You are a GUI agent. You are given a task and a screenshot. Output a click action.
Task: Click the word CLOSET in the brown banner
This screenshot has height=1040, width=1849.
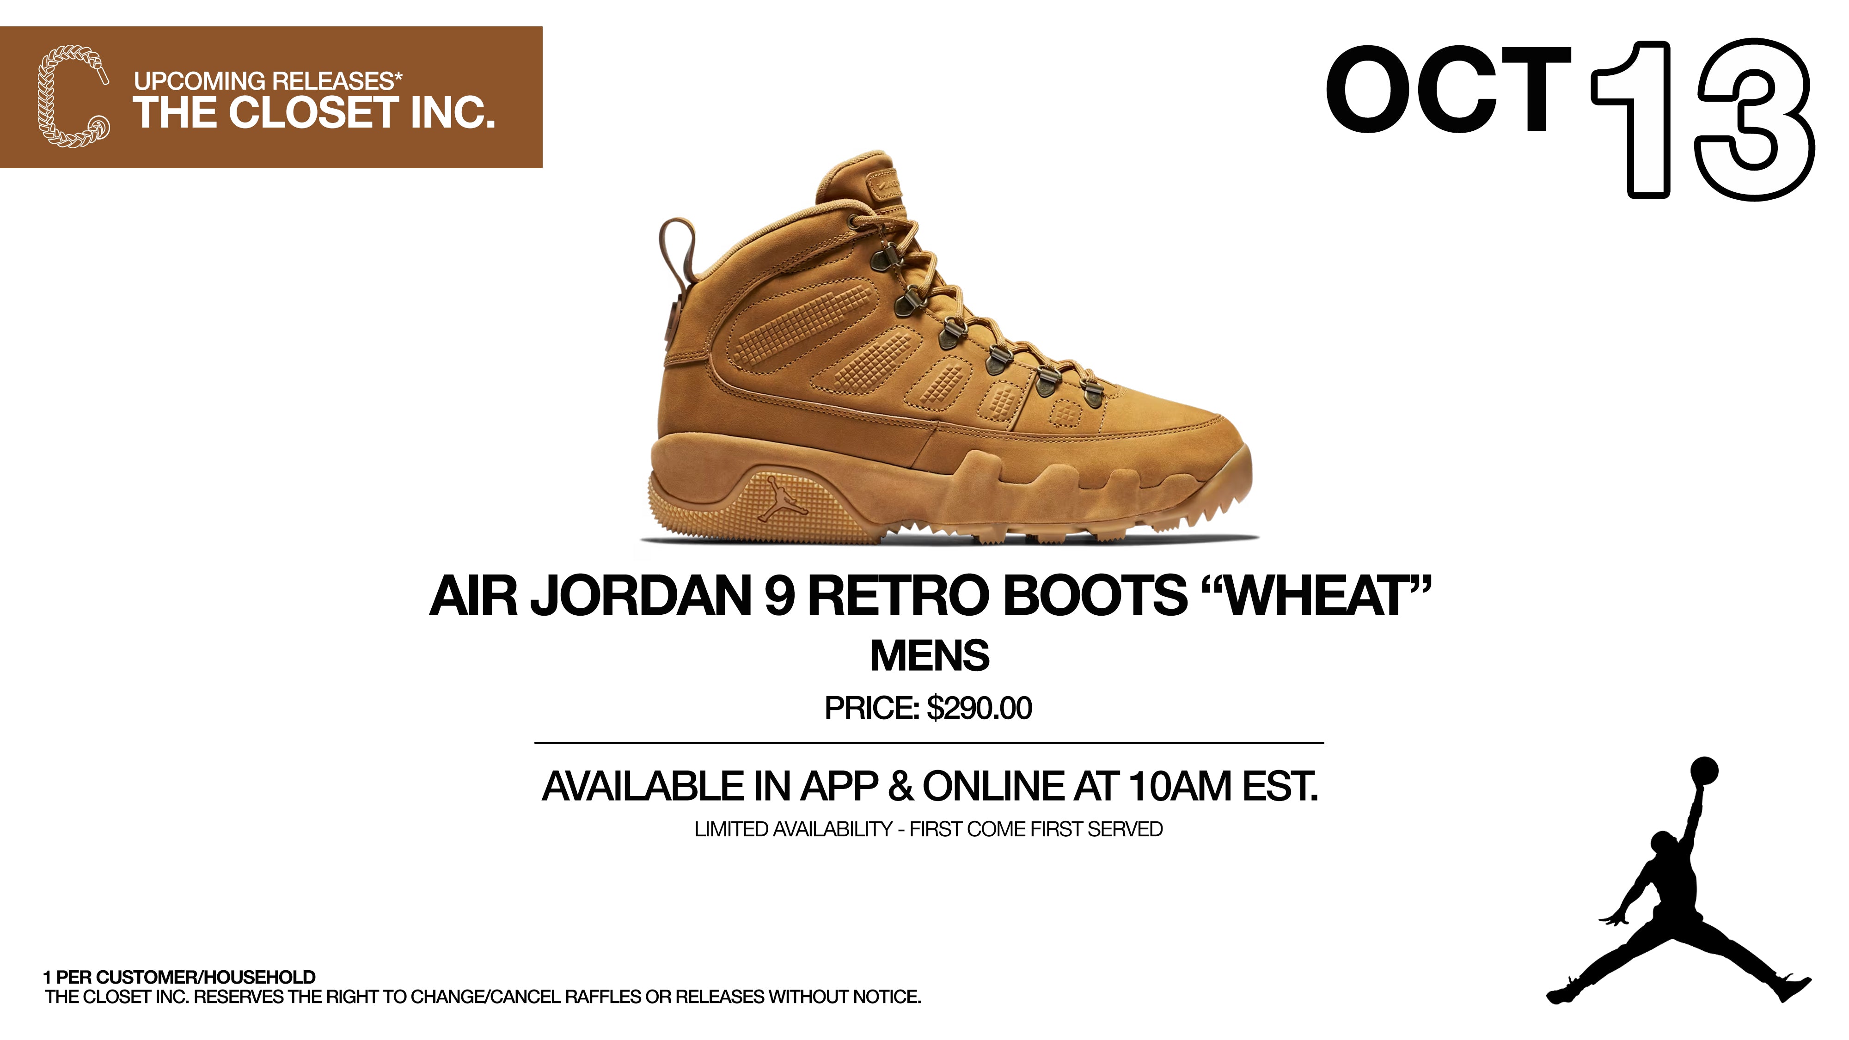[x=314, y=113]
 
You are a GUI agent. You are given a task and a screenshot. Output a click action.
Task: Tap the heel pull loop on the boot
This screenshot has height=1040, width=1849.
[x=676, y=248]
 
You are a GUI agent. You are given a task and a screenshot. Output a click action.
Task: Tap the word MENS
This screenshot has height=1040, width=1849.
[x=930, y=656]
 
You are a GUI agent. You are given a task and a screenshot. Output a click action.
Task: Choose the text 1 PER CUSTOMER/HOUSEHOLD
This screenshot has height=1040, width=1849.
[x=179, y=977]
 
